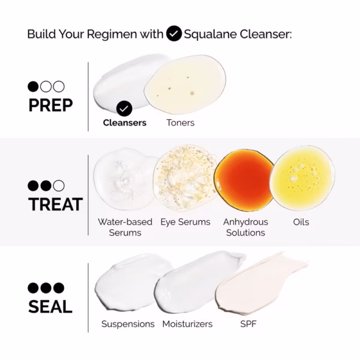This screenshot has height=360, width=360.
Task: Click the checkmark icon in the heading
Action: (x=174, y=34)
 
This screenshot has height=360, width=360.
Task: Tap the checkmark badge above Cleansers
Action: (x=124, y=109)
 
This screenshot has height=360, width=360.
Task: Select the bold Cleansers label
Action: (x=125, y=123)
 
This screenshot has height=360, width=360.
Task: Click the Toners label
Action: (x=180, y=123)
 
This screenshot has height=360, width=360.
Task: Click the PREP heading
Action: (x=50, y=105)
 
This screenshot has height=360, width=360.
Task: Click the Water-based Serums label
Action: (x=125, y=227)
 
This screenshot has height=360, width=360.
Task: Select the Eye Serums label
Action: (x=185, y=222)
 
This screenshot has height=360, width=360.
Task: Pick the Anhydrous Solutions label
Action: (x=245, y=227)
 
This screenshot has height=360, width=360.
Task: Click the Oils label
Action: (x=301, y=222)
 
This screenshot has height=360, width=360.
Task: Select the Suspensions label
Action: (x=128, y=324)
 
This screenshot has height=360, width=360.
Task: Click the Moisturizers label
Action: (x=187, y=324)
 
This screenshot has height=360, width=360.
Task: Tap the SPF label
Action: (x=248, y=324)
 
